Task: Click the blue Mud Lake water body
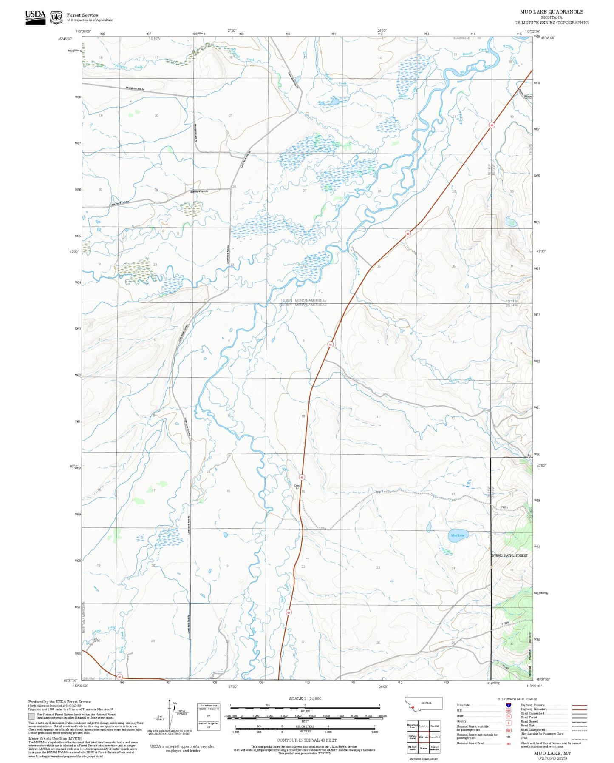(458, 535)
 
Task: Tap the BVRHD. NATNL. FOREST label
(509, 555)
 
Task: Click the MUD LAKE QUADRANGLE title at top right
(552, 12)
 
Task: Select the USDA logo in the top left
(35, 17)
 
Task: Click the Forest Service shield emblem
(56, 17)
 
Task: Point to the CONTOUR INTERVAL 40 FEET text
(306, 740)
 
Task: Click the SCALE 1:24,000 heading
(305, 698)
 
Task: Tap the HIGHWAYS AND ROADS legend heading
(517, 699)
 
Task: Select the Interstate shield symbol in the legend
(509, 705)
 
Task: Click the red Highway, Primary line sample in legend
(579, 705)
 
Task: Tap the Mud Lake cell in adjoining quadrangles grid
(423, 737)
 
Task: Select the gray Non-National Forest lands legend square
(31, 716)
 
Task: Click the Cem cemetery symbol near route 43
(297, 488)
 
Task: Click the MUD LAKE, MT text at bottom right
(552, 753)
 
